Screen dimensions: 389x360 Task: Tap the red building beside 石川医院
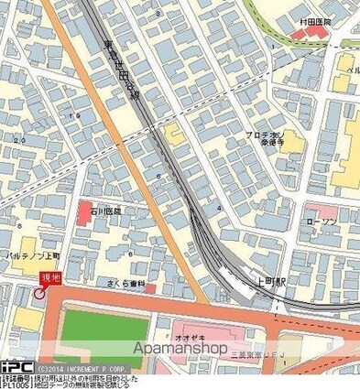coord(83,211)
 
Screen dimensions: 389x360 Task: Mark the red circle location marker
coord(38,293)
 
